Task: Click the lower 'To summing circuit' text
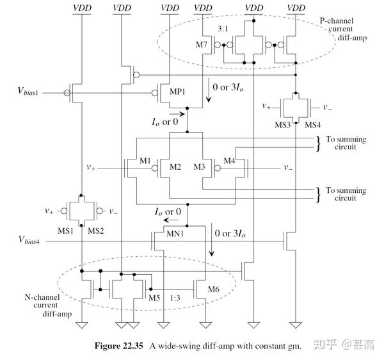pyautogui.click(x=346, y=194)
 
